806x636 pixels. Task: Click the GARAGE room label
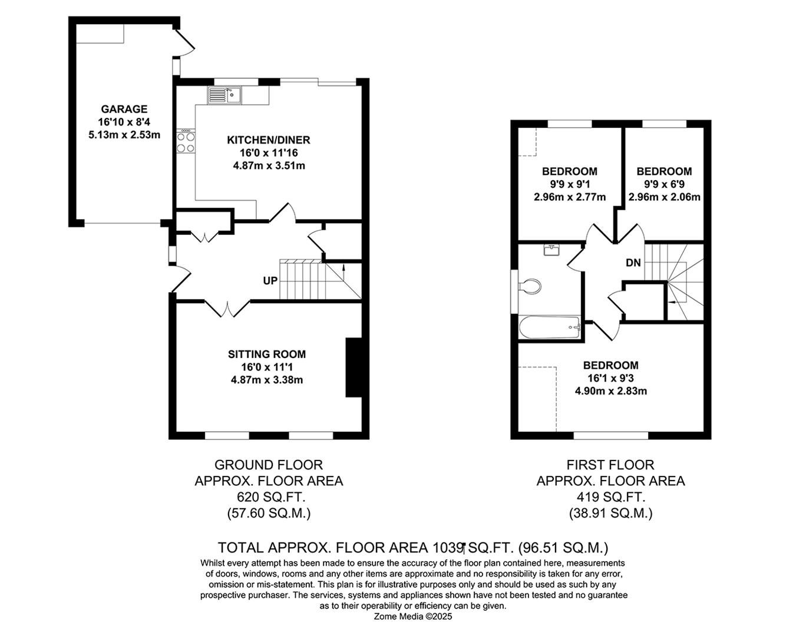coord(124,109)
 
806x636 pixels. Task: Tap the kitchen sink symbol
coord(224,94)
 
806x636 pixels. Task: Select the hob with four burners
coord(186,141)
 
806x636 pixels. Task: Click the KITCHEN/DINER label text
coord(269,140)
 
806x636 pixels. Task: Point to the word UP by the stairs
coord(270,281)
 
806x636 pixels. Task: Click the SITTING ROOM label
coord(267,355)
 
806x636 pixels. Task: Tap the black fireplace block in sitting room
coord(354,367)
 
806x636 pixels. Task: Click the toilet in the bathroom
coord(530,287)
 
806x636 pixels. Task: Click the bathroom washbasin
coord(551,250)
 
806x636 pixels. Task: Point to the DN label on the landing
coord(633,263)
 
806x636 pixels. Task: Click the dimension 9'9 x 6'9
coord(664,184)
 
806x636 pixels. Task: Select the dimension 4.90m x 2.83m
coord(611,391)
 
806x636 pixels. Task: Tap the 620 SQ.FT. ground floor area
coord(269,497)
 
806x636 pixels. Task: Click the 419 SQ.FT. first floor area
coord(610,497)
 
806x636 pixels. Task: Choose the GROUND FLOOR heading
coord(269,465)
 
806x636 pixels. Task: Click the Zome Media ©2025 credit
coord(413,617)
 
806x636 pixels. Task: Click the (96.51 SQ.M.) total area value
coord(563,548)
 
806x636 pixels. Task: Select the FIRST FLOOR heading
coord(610,465)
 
